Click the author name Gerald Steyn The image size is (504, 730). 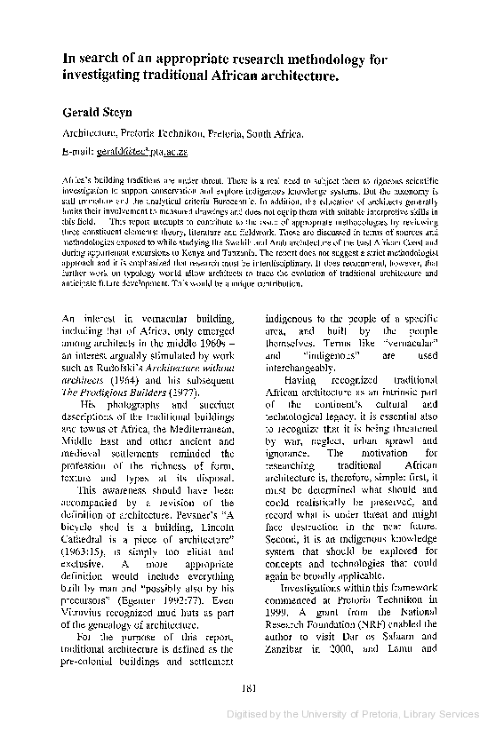coord(97,113)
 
